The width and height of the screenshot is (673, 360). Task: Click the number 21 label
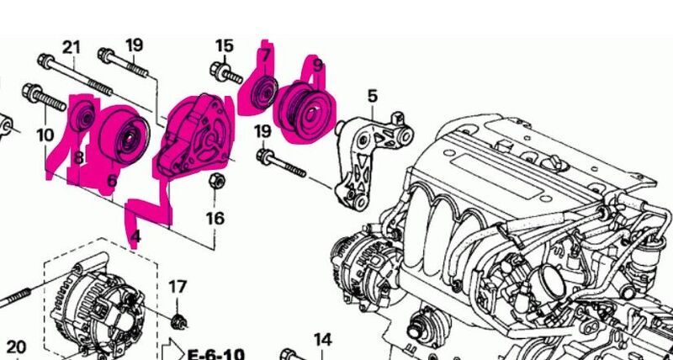[72, 47]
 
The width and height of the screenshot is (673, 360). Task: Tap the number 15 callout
[224, 46]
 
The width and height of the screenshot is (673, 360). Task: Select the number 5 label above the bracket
[372, 96]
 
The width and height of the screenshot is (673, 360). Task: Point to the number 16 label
[215, 219]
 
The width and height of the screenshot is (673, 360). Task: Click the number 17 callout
[178, 286]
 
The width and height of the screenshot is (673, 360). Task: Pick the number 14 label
[323, 340]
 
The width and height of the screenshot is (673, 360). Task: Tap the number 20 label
[16, 347]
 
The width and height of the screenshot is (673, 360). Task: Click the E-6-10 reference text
[216, 354]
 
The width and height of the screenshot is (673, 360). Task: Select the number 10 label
[45, 135]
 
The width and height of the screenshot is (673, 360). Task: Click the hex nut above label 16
[217, 181]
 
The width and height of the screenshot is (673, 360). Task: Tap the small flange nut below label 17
[178, 321]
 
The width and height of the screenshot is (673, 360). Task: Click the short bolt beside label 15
[226, 74]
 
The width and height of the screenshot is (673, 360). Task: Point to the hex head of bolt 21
[45, 61]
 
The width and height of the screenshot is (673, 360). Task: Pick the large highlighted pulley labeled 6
[124, 135]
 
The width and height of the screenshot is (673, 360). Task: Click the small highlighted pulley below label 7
[264, 93]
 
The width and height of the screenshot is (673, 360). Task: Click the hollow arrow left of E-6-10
[173, 350]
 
